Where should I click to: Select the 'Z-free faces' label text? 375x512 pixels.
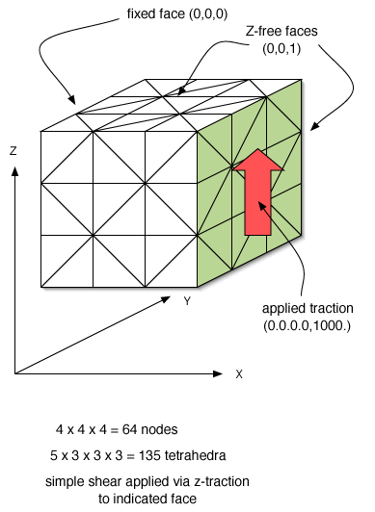point(274,33)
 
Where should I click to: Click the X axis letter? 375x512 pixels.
point(238,373)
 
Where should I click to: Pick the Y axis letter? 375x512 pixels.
point(186,301)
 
